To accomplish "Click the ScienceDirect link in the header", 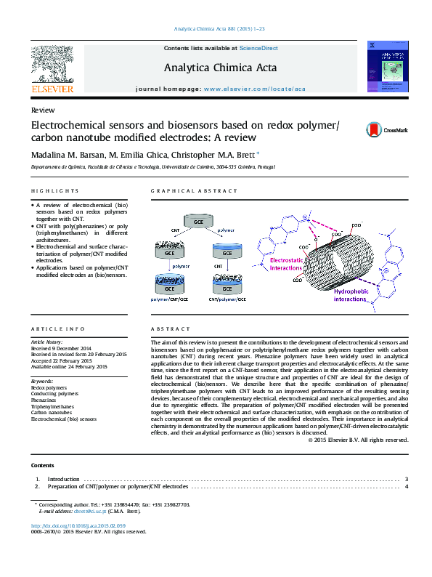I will coord(258,48).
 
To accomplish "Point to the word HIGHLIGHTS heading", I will coord(54,191).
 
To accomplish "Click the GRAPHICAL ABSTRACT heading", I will coord(194,191).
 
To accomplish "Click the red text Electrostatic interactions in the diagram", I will coord(290,264).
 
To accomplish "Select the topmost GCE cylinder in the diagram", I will coord(197,220).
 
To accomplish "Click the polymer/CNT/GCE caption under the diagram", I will coord(168,299).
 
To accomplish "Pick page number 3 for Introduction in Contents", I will coord(407,480).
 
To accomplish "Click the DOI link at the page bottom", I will coord(78,525).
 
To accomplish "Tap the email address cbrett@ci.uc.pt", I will coord(84,511).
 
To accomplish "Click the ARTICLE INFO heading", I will coord(58,329).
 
